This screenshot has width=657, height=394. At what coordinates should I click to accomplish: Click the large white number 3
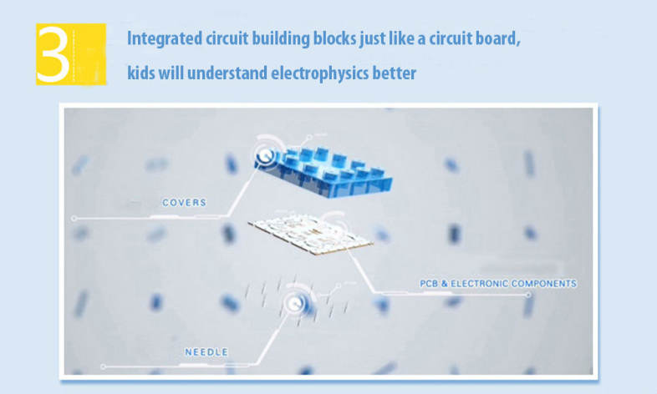[x=53, y=54]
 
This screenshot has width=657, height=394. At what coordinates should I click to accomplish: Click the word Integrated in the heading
[x=165, y=38]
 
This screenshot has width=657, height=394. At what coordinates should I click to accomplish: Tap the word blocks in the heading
[x=335, y=38]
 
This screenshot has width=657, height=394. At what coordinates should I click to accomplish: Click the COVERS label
[x=185, y=203]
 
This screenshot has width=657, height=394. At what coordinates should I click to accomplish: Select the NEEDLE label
[x=206, y=352]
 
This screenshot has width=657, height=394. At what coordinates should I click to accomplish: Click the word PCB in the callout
[x=429, y=284]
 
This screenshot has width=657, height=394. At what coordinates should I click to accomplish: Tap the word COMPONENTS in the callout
[x=544, y=284]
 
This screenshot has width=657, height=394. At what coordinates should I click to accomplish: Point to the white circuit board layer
[x=310, y=233]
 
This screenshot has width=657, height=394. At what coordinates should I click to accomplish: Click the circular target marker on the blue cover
[x=265, y=156]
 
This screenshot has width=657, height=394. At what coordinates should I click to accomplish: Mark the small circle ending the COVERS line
[x=74, y=219]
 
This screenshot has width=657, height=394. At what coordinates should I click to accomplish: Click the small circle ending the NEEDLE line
[x=103, y=366]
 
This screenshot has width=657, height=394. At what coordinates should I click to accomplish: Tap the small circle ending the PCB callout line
[x=528, y=295]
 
